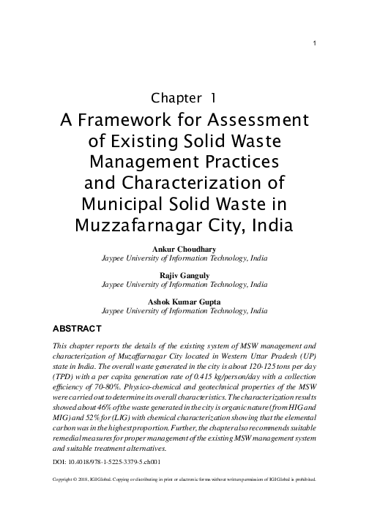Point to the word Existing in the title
155,140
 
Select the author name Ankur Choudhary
184,250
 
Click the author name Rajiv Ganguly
184,274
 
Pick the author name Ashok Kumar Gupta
184,300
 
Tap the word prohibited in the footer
302,481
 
